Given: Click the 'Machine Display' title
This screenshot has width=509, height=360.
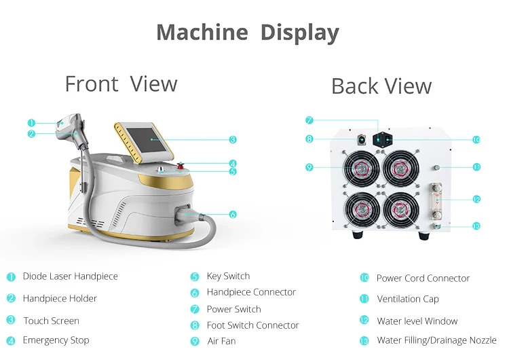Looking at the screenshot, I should point(248,32).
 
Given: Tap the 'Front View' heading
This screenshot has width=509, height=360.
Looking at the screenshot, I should point(121,84).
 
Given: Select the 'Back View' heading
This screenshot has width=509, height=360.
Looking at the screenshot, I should point(381,86).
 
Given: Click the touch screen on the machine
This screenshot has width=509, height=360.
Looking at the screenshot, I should point(153,141).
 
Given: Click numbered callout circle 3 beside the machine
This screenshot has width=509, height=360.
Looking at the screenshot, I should point(233,140).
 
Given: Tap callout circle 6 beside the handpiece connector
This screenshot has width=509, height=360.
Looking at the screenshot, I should point(233,215).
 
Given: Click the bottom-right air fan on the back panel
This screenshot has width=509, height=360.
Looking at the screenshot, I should point(401,210).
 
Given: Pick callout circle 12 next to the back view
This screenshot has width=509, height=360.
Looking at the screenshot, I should point(476,200).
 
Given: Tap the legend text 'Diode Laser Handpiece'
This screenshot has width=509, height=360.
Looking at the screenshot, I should point(70,276).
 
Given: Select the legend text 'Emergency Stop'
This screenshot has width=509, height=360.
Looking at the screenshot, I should point(56,340).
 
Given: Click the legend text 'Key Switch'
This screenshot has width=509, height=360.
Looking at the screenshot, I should point(228,276).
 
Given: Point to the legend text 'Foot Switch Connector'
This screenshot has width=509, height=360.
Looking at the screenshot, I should point(252,325).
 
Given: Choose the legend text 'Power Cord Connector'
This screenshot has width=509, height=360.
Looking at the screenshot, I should point(423,278).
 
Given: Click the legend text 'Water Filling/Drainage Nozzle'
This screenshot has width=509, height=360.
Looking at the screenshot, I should point(436,340).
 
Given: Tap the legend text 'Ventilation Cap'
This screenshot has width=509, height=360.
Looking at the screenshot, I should point(407,299).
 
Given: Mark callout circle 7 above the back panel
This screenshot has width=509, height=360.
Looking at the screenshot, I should point(309,120).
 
